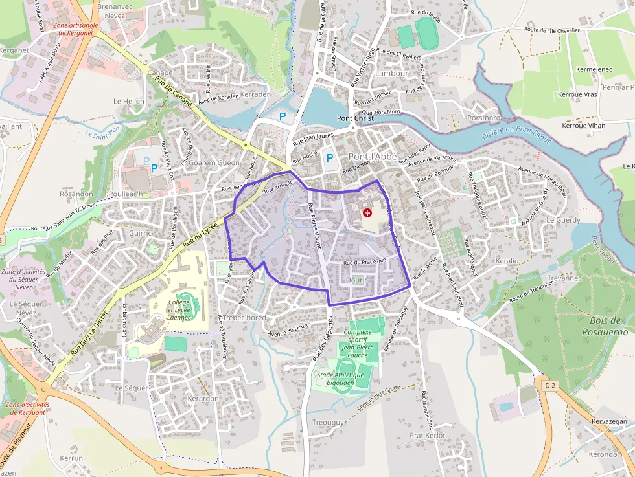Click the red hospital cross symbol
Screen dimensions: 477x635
coord(367,212)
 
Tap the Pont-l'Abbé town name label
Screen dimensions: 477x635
coord(373,157)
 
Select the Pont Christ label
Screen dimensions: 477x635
coord(355,118)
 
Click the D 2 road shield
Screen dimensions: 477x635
coord(550,386)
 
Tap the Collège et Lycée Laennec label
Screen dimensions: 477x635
coord(179,309)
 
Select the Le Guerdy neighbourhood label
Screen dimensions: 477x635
coord(564,220)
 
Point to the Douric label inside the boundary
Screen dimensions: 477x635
coord(356,280)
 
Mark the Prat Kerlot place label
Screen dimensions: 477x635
coord(427,436)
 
